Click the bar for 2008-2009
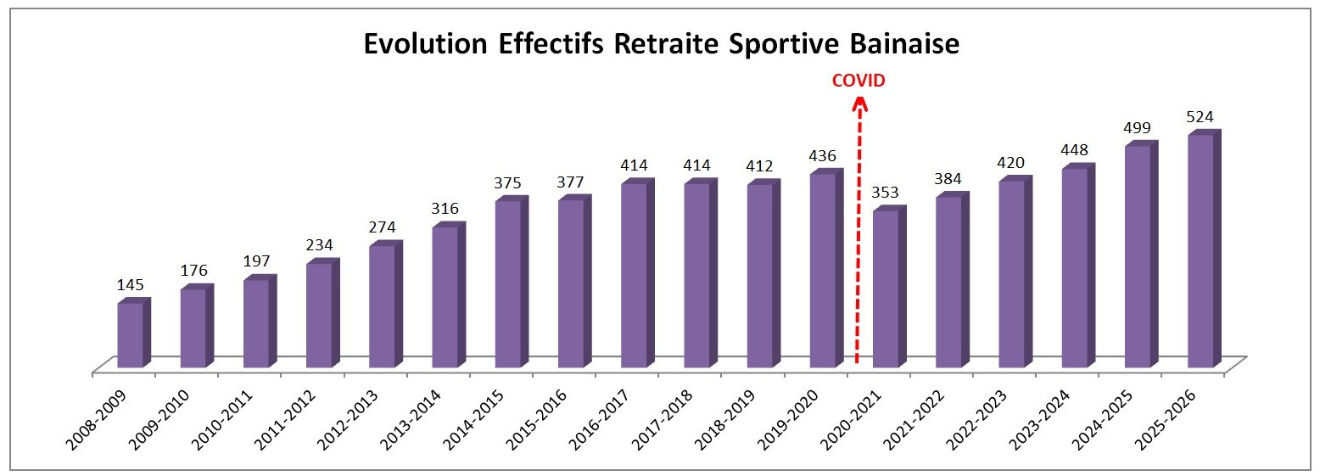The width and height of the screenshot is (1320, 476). pos(130,334)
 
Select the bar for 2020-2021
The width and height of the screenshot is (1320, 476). pos(886,288)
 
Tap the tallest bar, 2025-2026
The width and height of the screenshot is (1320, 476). pos(1200,251)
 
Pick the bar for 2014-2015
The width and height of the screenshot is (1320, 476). pos(508,283)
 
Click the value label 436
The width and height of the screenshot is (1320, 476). pos(822,157)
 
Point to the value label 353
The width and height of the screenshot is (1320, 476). pos(886,193)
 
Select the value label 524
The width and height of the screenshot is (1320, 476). pos(1200,117)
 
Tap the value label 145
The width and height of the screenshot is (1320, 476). pos(130,286)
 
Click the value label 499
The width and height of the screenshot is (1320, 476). pos(1137,129)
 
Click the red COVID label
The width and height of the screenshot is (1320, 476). pos(858,81)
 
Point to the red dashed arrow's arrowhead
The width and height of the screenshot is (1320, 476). pos(859,104)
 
